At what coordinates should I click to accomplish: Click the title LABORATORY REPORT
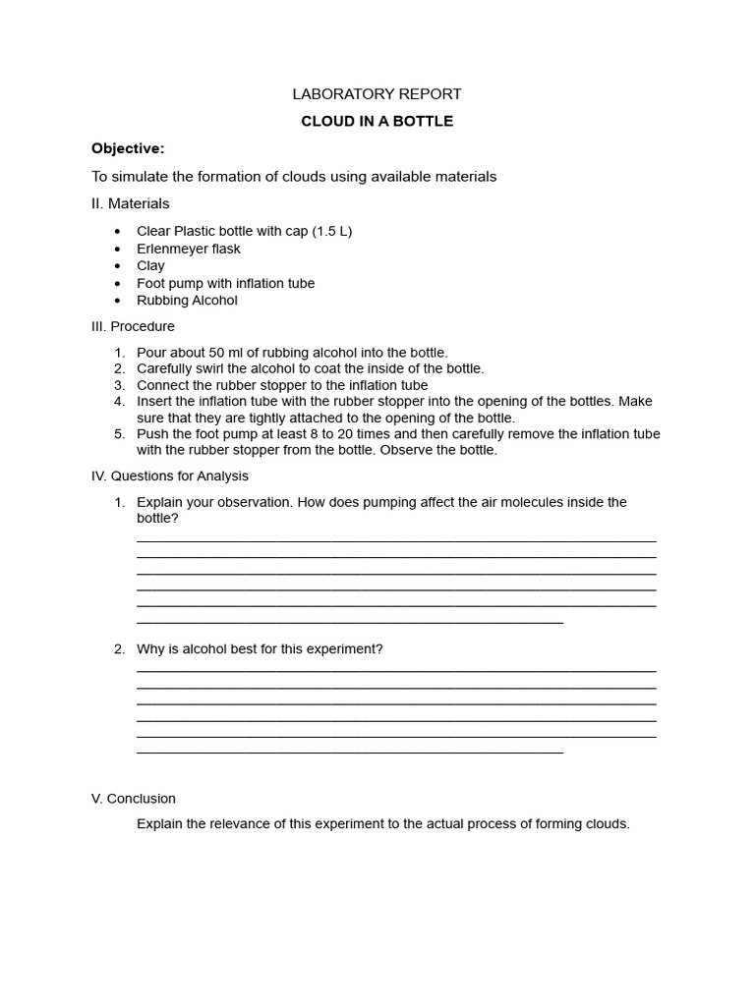pos(377,94)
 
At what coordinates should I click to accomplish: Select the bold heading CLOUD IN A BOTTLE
pos(377,122)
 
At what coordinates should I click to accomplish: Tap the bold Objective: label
pos(128,148)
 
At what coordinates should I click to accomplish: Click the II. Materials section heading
pos(130,203)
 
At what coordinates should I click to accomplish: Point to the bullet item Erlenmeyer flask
pos(188,249)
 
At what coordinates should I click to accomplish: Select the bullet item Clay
pos(150,265)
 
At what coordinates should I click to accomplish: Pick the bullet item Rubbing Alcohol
pos(187,301)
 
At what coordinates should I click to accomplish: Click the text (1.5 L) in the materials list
pos(332,231)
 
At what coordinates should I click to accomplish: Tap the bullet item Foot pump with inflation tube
pos(225,283)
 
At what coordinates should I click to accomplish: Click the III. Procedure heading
pos(133,326)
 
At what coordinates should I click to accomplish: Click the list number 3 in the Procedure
pos(119,385)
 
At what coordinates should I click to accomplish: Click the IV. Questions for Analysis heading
pos(169,475)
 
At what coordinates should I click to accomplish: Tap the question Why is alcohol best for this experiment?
pos(260,649)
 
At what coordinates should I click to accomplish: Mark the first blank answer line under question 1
pos(395,540)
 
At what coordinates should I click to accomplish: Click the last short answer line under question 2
pos(349,753)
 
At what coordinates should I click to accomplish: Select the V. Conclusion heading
pos(134,799)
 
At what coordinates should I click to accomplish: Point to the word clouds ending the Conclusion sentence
pos(607,824)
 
